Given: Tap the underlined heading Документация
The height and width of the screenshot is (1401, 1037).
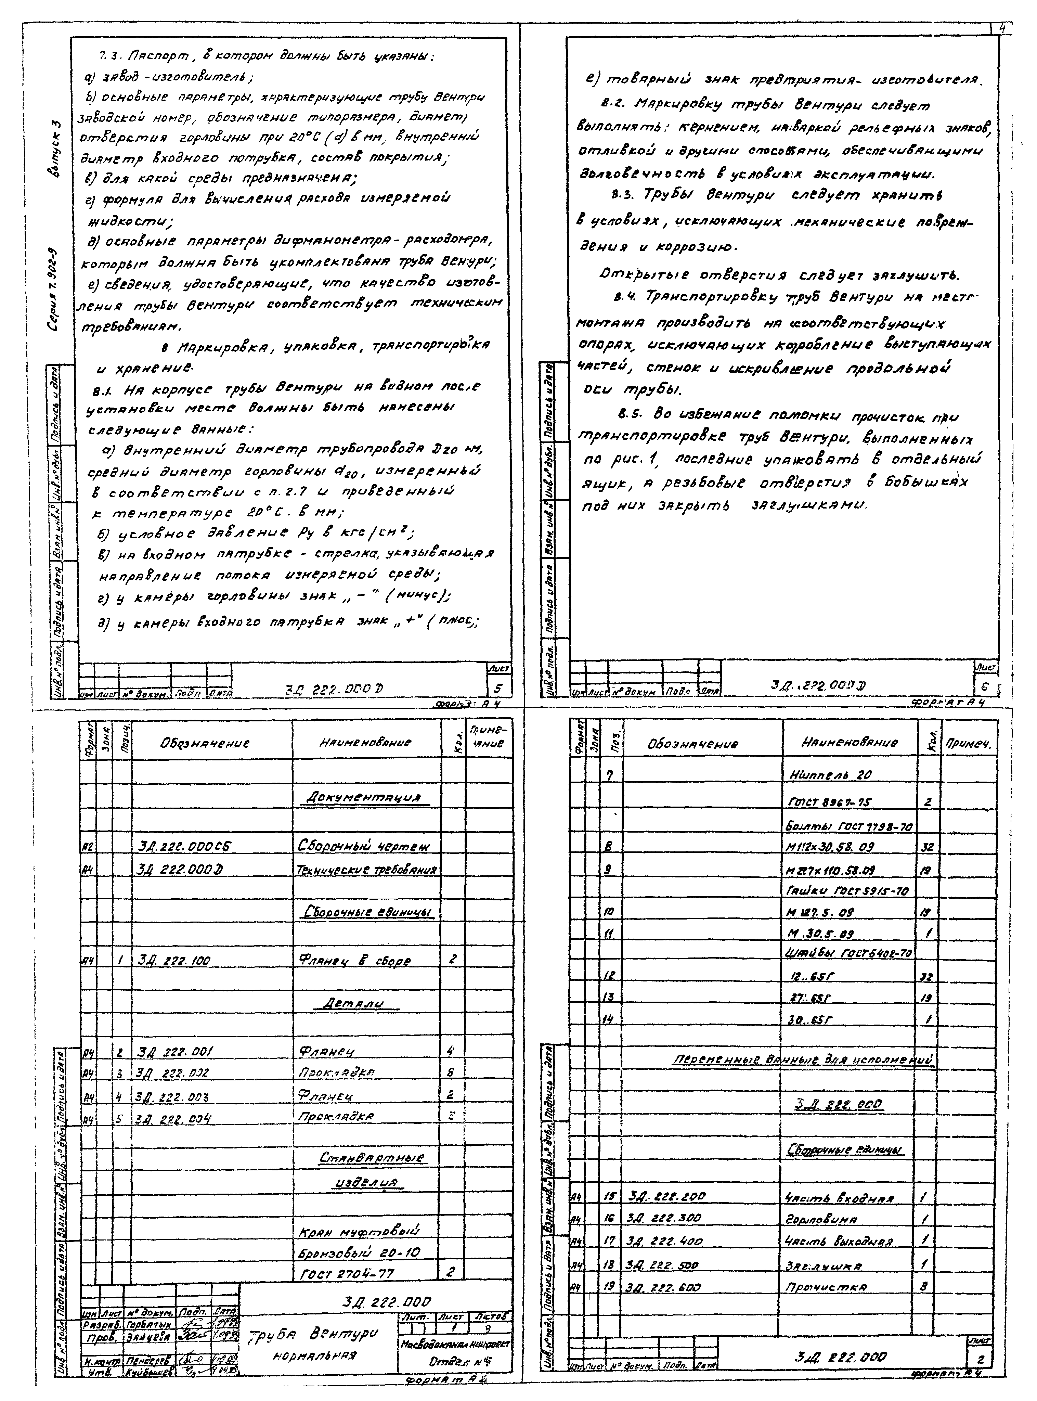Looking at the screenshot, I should click(362, 797).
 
